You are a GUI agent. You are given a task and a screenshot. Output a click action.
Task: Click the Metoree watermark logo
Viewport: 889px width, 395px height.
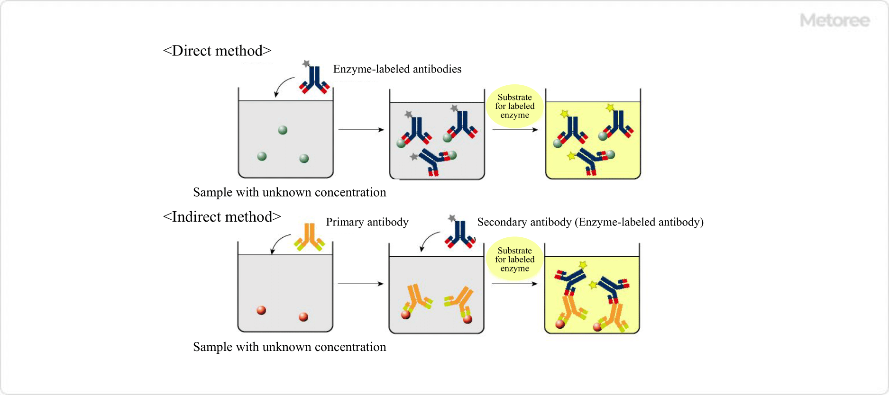pos(834,20)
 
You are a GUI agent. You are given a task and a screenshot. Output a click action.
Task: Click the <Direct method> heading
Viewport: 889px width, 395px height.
pos(217,51)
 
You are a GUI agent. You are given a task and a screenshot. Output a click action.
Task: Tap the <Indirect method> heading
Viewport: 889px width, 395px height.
pos(221,217)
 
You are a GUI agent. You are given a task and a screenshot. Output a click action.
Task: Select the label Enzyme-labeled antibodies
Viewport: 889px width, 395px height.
pos(397,69)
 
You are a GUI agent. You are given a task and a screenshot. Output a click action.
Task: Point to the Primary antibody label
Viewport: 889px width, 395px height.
pos(367,222)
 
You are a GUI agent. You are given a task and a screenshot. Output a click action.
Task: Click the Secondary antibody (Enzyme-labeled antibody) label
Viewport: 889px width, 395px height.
pos(590,222)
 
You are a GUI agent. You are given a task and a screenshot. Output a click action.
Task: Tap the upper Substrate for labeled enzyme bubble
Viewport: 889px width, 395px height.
pos(514,106)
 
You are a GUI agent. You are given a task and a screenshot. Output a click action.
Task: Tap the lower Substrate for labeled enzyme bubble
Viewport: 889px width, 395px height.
pos(514,260)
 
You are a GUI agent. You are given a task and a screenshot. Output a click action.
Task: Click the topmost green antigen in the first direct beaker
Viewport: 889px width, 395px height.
pos(283,130)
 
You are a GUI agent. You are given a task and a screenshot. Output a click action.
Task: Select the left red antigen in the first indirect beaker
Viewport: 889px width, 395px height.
pos(261,310)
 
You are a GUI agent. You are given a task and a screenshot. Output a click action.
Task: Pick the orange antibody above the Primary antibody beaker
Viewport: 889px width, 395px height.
pos(309,237)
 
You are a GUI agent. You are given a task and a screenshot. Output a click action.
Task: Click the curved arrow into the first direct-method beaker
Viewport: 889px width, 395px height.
pos(283,87)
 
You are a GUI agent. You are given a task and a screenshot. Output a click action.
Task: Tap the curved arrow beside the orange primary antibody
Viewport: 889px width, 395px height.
pos(279,242)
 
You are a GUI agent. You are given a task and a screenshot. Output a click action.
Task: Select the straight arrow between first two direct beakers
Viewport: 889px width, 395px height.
pos(361,129)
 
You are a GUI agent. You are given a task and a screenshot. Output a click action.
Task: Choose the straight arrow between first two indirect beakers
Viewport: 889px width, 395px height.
pos(360,284)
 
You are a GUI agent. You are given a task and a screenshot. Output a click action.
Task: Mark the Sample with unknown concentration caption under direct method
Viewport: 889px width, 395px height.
pos(289,192)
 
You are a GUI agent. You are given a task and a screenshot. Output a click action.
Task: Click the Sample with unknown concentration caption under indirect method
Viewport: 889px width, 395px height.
pos(289,347)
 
